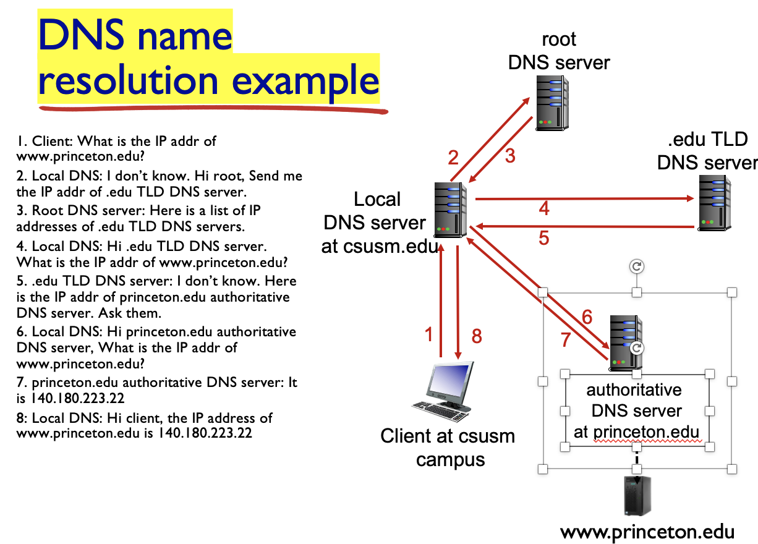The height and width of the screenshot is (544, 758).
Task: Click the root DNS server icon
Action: [x=552, y=103]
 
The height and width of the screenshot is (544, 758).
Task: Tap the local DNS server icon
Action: [x=450, y=210]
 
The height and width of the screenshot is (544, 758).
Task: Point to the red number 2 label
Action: [x=453, y=158]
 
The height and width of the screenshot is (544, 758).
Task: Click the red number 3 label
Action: [x=509, y=156]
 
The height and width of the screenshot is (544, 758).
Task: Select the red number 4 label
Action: [x=544, y=208]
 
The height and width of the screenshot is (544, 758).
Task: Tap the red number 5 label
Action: [x=543, y=238]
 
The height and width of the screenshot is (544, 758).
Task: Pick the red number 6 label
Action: [x=587, y=318]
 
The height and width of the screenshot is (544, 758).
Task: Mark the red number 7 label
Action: [x=564, y=339]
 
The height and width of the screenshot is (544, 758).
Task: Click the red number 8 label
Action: [x=476, y=336]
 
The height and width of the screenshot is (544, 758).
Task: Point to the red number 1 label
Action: [x=428, y=335]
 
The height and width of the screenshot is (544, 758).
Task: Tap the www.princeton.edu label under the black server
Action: [x=647, y=532]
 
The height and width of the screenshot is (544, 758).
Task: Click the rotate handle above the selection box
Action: [x=637, y=266]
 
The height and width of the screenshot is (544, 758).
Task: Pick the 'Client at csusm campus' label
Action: [x=448, y=448]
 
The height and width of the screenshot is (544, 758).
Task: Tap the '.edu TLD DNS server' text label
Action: [x=707, y=151]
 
